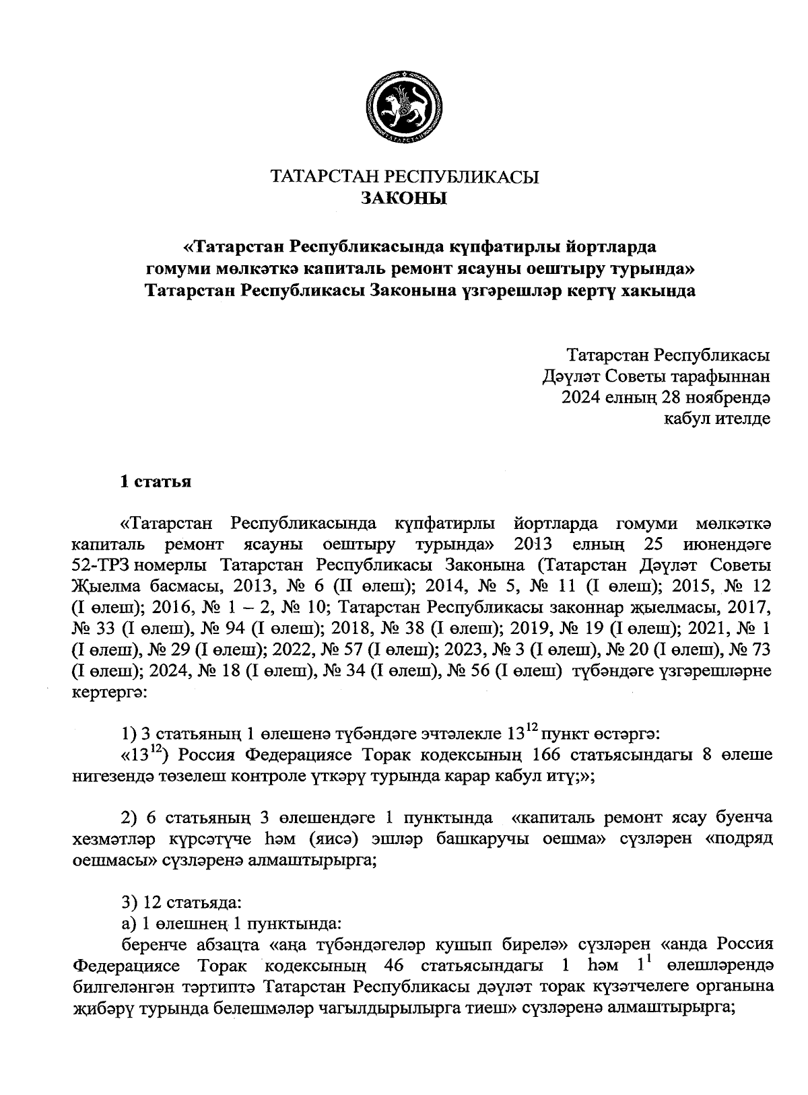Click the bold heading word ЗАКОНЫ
pyautogui.click(x=404, y=199)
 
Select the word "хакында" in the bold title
pyautogui.click(x=658, y=291)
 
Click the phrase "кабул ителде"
pyautogui.click(x=717, y=419)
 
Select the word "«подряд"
pyautogui.click(x=738, y=839)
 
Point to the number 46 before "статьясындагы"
pyautogui.click(x=393, y=966)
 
